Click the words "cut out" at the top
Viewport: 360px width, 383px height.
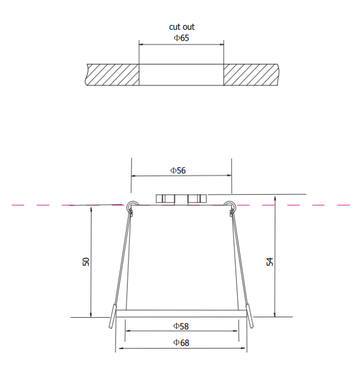(x=182, y=26)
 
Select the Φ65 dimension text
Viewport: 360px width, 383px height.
(x=181, y=38)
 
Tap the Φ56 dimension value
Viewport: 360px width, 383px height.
(x=178, y=170)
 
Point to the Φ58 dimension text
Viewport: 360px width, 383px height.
(x=181, y=326)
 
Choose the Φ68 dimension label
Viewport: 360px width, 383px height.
(x=181, y=342)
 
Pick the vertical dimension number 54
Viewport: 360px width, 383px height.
(x=271, y=262)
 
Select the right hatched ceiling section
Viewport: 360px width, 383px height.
(x=251, y=74)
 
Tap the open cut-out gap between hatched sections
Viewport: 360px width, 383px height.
(x=181, y=74)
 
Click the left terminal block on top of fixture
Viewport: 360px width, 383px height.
(x=166, y=199)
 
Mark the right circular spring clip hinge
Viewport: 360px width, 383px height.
(x=231, y=205)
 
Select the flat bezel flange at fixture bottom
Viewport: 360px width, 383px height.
(x=181, y=313)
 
